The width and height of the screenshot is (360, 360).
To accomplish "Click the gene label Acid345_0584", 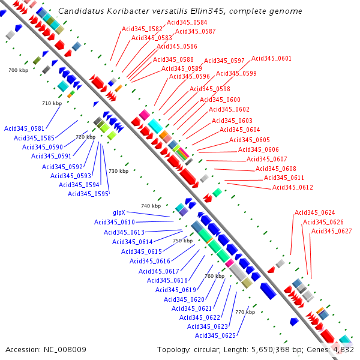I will coord(187,22).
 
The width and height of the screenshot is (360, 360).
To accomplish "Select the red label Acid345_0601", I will coord(271,58).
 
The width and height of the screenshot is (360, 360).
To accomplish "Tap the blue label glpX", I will coord(119,212).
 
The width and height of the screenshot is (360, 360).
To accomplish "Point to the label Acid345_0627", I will coord(331,231).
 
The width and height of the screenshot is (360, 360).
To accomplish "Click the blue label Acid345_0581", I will coord(24,128).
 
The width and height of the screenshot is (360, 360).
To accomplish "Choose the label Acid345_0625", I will coord(215,335).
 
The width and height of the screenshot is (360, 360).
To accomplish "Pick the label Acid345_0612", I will coord(292,187).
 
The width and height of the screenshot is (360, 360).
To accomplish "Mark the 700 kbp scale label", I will coord(18,71).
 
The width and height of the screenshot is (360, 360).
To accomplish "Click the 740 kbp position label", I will coord(151,206).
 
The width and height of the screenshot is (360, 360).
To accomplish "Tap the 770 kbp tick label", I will coord(245,312).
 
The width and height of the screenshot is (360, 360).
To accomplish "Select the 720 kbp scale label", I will coord(85,137).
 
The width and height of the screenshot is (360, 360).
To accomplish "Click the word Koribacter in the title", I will coord(120,11).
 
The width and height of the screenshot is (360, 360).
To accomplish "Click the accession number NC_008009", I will coord(65,349).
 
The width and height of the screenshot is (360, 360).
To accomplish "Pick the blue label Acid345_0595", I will coord(88,193).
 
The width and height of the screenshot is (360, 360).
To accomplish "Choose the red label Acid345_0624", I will coord(314,212).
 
